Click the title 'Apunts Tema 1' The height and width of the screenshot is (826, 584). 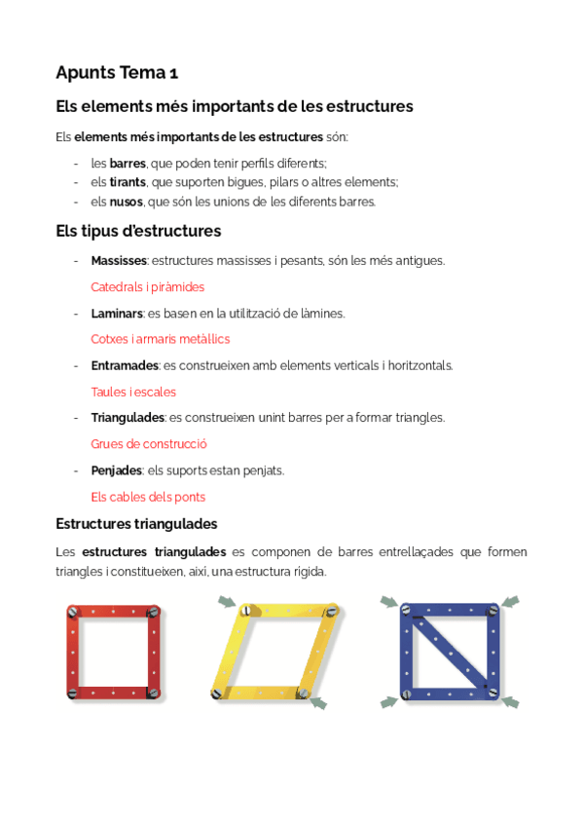tap(117, 72)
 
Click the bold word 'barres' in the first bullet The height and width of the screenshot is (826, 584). tap(127, 163)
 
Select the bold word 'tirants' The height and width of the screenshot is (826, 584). tap(128, 182)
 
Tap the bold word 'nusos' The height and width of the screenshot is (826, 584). tap(127, 202)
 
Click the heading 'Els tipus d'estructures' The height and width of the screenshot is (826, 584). tap(138, 232)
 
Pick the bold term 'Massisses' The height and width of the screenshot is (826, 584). tap(119, 261)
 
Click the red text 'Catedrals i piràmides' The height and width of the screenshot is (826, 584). tap(147, 287)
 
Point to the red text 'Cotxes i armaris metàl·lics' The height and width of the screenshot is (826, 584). tap(160, 339)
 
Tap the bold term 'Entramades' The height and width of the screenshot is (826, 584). tap(124, 365)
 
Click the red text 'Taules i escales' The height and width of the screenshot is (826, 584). tap(133, 392)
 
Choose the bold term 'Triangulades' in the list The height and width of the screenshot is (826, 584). tap(128, 418)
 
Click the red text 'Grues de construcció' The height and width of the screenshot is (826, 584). tap(149, 444)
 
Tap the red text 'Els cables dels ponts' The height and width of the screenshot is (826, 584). tap(148, 497)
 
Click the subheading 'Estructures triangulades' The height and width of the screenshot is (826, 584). tap(136, 524)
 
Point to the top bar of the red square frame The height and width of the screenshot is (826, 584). tap(114, 612)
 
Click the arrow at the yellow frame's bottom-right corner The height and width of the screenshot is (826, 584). tap(317, 703)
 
